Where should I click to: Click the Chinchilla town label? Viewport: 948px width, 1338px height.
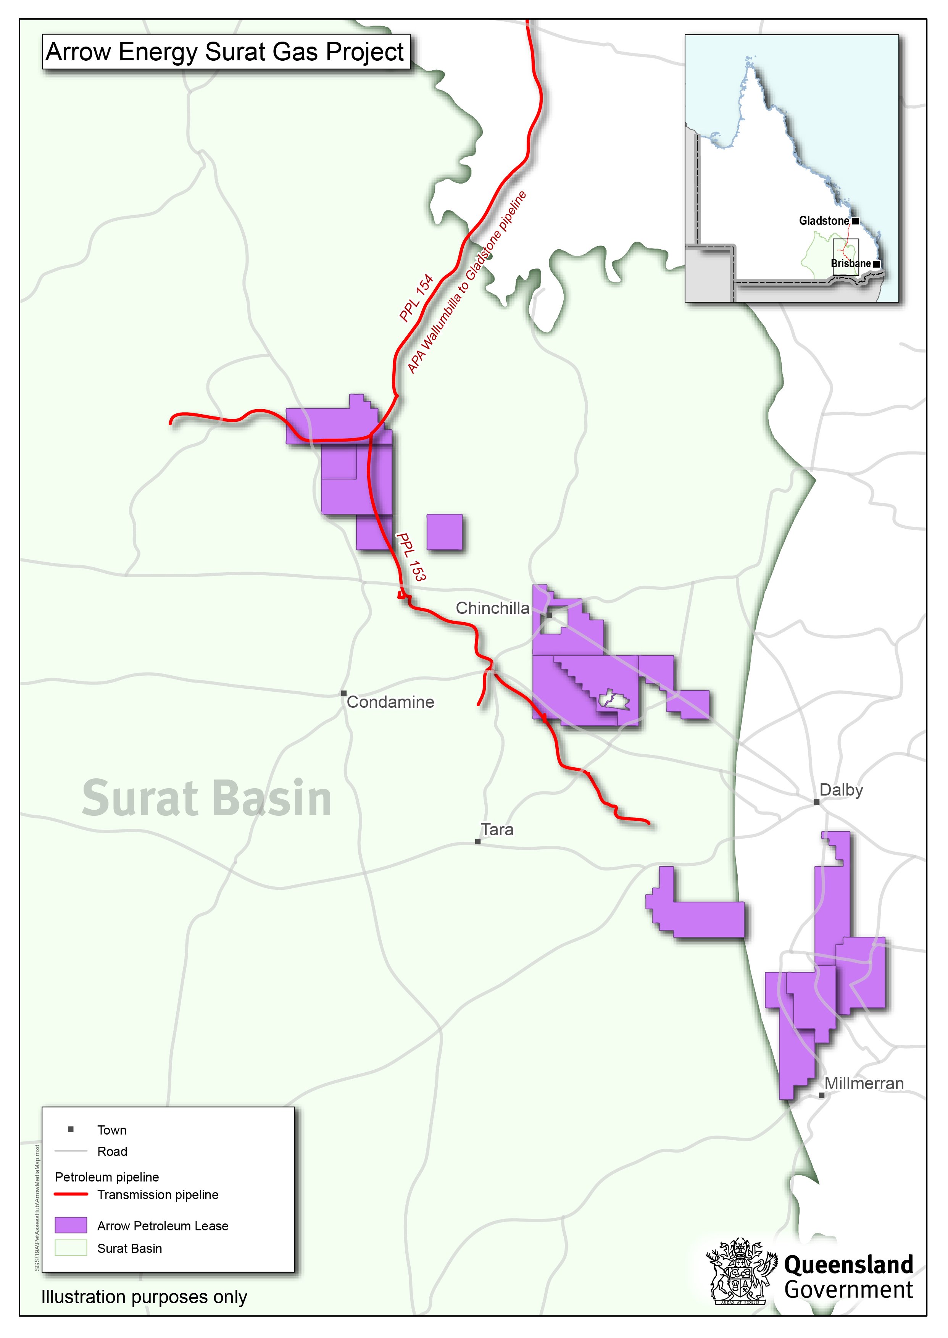click(492, 608)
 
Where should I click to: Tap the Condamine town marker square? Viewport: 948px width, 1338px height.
click(344, 694)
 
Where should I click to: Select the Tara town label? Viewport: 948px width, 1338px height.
click(497, 830)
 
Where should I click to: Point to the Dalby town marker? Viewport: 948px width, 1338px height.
click(817, 802)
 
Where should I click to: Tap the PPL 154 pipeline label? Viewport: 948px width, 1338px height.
click(416, 298)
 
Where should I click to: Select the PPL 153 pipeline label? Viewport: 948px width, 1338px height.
click(411, 556)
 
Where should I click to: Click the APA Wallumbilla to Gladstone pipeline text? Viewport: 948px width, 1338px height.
click(467, 282)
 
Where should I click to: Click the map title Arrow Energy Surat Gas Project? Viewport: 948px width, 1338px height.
click(225, 52)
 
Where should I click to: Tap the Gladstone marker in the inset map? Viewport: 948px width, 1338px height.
click(855, 221)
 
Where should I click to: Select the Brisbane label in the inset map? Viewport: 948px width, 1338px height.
click(851, 264)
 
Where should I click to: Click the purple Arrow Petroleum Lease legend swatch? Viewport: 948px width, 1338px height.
click(71, 1225)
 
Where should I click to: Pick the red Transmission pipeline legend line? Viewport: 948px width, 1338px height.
click(71, 1194)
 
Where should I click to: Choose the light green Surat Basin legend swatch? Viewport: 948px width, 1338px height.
click(71, 1248)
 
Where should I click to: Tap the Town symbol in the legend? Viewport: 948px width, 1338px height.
click(71, 1130)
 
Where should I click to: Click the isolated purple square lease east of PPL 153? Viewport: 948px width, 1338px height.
click(444, 532)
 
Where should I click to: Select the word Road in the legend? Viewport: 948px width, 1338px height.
click(112, 1152)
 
